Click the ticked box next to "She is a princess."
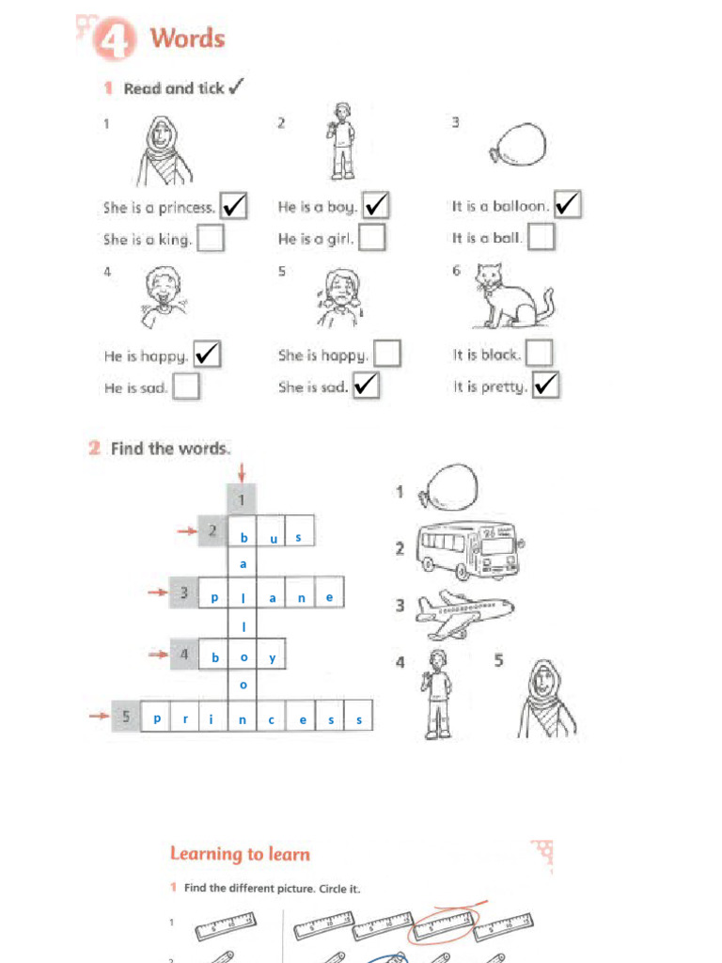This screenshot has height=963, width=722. pyautogui.click(x=233, y=206)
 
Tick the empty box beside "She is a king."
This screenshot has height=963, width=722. pyautogui.click(x=211, y=239)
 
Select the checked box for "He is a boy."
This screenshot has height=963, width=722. pyautogui.click(x=376, y=205)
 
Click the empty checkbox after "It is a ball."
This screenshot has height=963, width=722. pyautogui.click(x=541, y=238)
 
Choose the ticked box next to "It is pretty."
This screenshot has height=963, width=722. pyautogui.click(x=545, y=386)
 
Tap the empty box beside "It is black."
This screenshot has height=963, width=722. pyautogui.click(x=539, y=354)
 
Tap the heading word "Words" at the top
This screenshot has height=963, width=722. pyautogui.click(x=188, y=39)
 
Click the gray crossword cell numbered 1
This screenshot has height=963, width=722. pyautogui.click(x=242, y=499)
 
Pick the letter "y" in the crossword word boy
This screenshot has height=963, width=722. pyautogui.click(x=272, y=657)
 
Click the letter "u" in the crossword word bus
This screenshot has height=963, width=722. pyautogui.click(x=273, y=538)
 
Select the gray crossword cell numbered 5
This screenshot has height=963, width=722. pyautogui.click(x=126, y=718)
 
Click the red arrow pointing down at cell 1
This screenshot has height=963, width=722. pyautogui.click(x=242, y=469)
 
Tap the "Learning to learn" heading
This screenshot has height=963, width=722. pyautogui.click(x=240, y=854)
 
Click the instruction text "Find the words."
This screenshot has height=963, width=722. pyautogui.click(x=170, y=449)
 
